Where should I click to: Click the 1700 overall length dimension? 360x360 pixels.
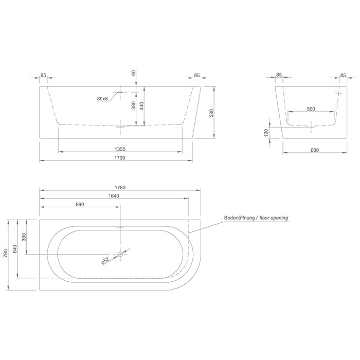pos(119,158)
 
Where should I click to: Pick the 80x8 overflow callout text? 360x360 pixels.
pos(102,98)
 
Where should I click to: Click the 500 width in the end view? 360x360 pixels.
pos(311,109)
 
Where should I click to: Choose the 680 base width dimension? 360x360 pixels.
pos(315,151)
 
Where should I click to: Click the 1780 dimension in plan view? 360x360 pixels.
pos(119,187)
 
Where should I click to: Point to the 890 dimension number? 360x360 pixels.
pos(79,204)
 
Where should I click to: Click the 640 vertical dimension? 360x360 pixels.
pos(15,249)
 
